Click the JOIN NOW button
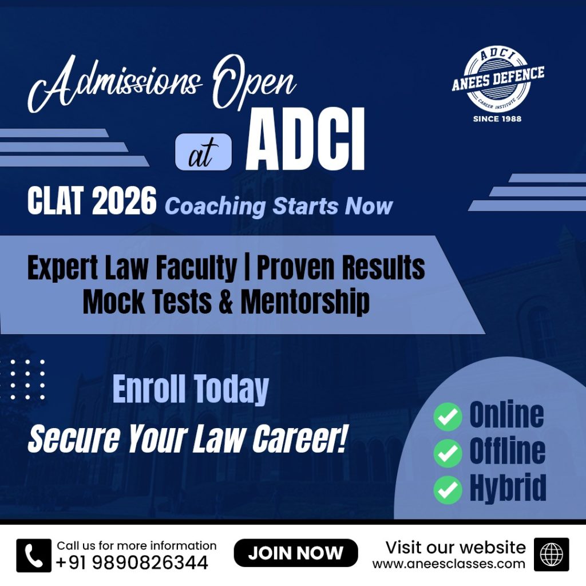point(296,553)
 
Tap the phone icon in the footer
point(34,555)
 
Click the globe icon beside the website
point(551,555)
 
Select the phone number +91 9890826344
point(132,563)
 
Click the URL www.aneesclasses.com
point(449,564)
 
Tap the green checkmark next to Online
point(448,417)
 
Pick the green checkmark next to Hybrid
point(448,489)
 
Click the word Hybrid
point(508,488)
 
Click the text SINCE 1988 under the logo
point(497,119)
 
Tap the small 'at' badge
point(203,152)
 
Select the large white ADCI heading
point(305,140)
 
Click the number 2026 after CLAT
point(124,201)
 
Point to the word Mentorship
point(305,302)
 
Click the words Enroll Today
point(191,389)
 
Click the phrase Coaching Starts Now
point(279,206)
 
